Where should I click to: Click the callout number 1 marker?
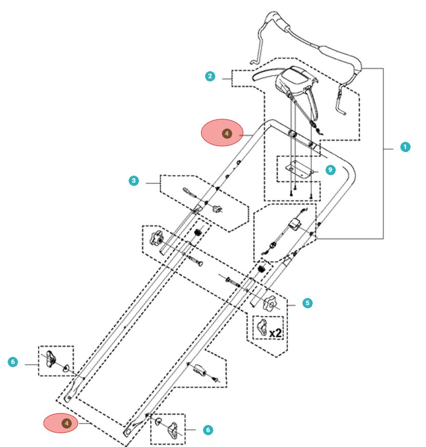click(405, 147)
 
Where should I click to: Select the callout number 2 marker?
click(210, 76)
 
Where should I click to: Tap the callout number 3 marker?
click(134, 181)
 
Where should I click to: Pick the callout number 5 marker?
click(307, 303)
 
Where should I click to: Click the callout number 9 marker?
click(330, 169)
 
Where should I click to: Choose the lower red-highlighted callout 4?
click(66, 423)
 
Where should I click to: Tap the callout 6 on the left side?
click(13, 362)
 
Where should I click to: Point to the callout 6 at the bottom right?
click(208, 430)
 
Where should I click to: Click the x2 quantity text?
click(275, 332)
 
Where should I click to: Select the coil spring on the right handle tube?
click(263, 269)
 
